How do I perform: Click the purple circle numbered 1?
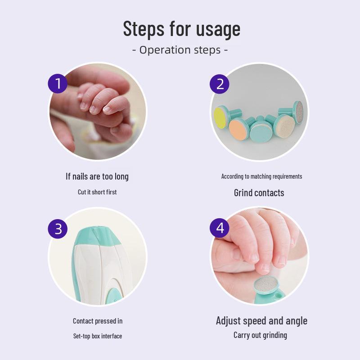point(58,84)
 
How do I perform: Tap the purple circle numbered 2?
point(220,84)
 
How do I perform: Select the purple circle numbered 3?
point(58,229)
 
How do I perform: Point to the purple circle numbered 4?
point(220,228)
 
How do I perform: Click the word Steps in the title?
point(144,29)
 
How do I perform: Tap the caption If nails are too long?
point(97,176)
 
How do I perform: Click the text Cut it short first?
point(97,192)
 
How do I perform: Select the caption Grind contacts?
point(259,193)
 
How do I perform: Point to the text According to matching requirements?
point(261,176)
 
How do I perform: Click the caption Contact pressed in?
point(98,321)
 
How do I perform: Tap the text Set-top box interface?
point(98,336)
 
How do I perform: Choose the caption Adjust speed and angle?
point(261,321)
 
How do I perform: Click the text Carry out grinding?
point(260,335)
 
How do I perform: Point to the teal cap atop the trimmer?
point(98,237)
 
